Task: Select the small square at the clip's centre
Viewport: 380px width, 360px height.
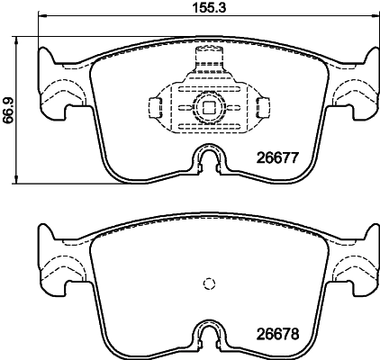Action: [208, 109]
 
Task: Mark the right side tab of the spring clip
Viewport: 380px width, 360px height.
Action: [262, 109]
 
